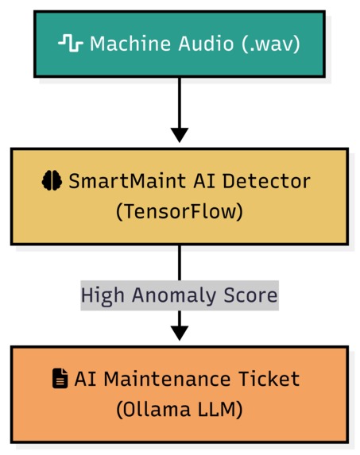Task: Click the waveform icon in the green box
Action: pyautogui.click(x=70, y=43)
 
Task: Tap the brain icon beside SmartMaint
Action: pyautogui.click(x=52, y=181)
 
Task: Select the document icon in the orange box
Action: pyautogui.click(x=60, y=380)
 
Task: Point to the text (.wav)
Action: pyautogui.click(x=270, y=43)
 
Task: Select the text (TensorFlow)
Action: pyautogui.click(x=179, y=212)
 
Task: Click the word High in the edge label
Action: pyautogui.click(x=100, y=295)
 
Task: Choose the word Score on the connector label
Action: pyautogui.click(x=250, y=295)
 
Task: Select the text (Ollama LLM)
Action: pyautogui.click(x=179, y=410)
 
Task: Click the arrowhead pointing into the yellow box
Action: pyautogui.click(x=180, y=134)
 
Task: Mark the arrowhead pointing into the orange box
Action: pyautogui.click(x=180, y=333)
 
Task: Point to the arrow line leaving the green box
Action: pyautogui.click(x=180, y=99)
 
